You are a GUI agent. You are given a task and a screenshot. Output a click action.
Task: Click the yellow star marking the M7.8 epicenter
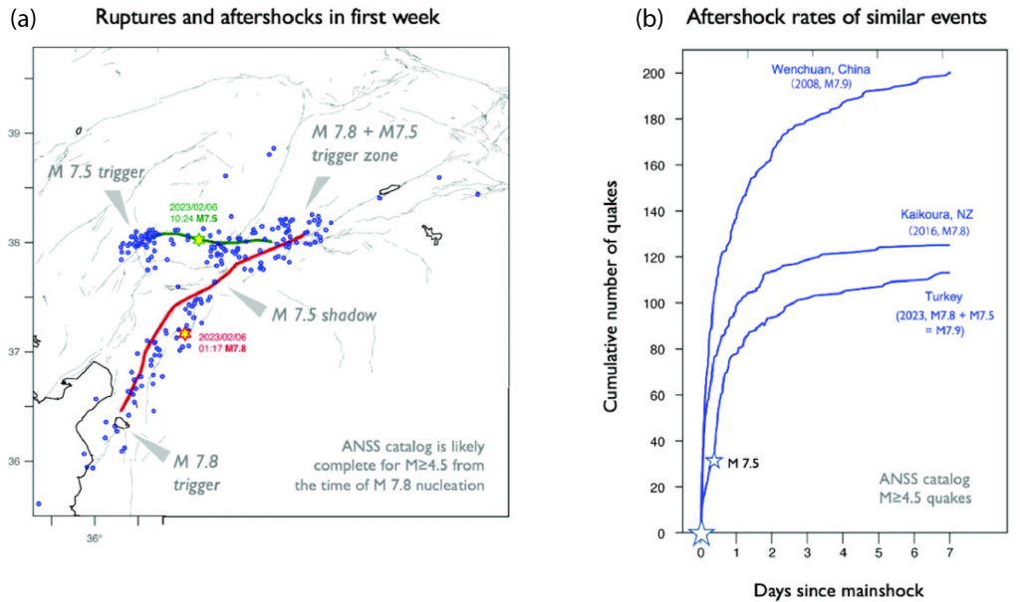click(x=183, y=334)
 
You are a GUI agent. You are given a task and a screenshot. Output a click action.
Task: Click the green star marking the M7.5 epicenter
click(x=199, y=240)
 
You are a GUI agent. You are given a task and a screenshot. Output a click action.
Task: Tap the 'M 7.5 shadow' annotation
click(x=324, y=314)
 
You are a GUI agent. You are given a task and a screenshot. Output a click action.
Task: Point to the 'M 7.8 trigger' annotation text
click(x=190, y=473)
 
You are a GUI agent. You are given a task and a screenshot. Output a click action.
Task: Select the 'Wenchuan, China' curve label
click(x=823, y=69)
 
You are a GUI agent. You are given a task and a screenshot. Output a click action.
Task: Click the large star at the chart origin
click(x=701, y=533)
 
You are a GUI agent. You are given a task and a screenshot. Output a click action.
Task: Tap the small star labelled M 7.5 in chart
click(x=713, y=461)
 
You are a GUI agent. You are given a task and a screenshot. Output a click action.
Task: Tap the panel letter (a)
click(x=24, y=18)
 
